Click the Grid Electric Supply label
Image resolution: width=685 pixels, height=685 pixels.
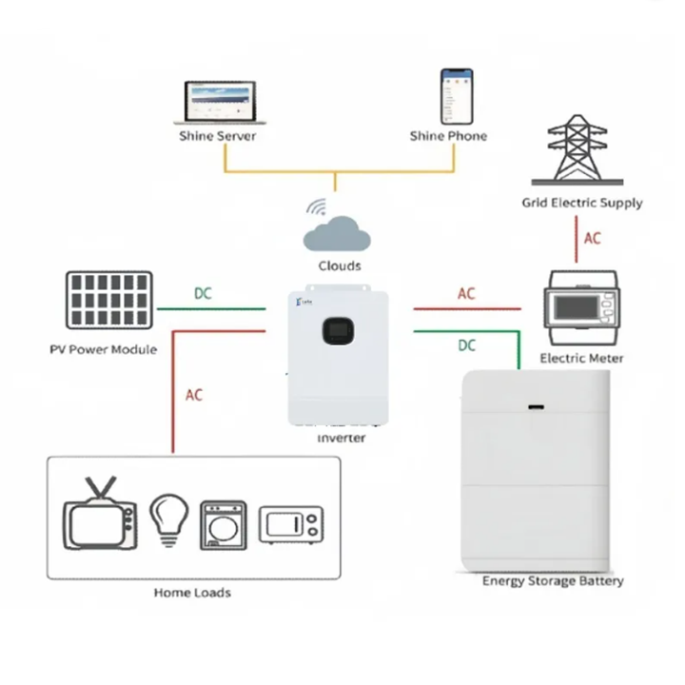pyautogui.click(x=581, y=203)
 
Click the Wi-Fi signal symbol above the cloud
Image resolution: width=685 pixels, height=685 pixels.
pyautogui.click(x=317, y=206)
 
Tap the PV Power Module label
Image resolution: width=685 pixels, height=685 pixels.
pyautogui.click(x=103, y=349)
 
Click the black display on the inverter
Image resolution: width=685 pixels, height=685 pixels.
pyautogui.click(x=340, y=326)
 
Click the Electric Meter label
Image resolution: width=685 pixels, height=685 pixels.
pyautogui.click(x=581, y=359)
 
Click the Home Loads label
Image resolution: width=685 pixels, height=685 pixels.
pyautogui.click(x=192, y=593)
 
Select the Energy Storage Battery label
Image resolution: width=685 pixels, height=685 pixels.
pyautogui.click(x=553, y=581)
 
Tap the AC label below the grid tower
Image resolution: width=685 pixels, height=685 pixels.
pyautogui.click(x=593, y=238)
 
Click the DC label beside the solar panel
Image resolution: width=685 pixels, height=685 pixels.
pyautogui.click(x=204, y=294)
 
